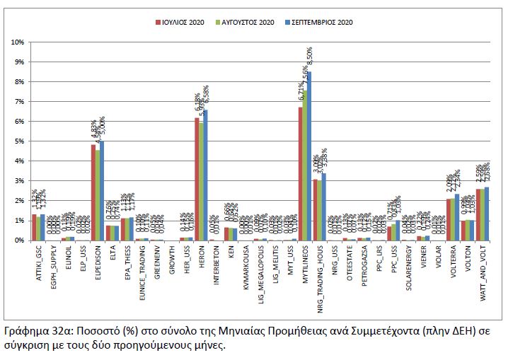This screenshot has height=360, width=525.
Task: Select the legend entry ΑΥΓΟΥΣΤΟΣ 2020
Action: [x=249, y=23]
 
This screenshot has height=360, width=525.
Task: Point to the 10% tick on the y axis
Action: [x=17, y=42]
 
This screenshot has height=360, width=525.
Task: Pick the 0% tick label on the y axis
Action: [x=18, y=240]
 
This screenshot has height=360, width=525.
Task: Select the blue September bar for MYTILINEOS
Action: [x=309, y=156]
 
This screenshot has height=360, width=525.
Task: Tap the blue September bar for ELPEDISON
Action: [x=102, y=191]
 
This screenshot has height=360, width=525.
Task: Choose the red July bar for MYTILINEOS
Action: [x=300, y=173]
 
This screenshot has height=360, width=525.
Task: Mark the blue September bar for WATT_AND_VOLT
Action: [x=487, y=214]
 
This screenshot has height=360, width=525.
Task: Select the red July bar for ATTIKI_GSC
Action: [x=33, y=227]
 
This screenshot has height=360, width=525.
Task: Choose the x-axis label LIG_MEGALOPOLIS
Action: [x=260, y=272]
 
